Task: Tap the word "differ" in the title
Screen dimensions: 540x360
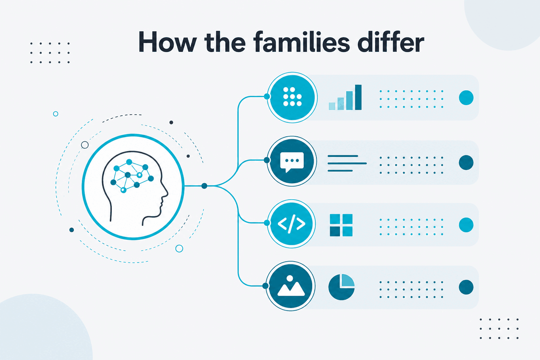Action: point(391,42)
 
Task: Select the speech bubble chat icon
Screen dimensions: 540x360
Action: point(292,162)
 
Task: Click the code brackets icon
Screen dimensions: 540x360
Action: point(292,224)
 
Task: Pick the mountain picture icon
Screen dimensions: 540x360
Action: point(291,286)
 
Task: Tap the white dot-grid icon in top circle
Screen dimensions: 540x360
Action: point(292,97)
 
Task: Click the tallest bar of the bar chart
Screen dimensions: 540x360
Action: point(358,97)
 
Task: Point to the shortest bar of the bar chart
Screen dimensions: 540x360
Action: point(332,106)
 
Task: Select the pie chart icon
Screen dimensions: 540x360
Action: point(341,287)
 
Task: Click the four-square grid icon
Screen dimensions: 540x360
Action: point(341,225)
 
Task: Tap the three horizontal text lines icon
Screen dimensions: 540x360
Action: point(347,163)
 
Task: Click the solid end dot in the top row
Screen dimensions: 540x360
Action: point(466,97)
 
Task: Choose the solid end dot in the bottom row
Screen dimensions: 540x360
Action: point(466,287)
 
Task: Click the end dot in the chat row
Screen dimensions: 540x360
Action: point(466,162)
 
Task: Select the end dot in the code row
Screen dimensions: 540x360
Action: point(466,225)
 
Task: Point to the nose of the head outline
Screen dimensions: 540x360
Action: point(167,192)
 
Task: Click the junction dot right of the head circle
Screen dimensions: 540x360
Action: point(204,186)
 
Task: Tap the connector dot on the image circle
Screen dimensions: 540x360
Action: point(265,286)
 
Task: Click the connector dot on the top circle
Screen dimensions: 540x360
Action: point(267,97)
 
